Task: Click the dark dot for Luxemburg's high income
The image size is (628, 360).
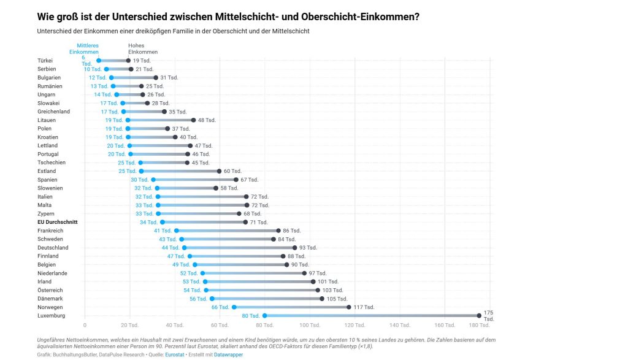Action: click(479, 315)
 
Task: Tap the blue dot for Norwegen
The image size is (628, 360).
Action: click(234, 307)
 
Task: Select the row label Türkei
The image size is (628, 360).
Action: click(45, 61)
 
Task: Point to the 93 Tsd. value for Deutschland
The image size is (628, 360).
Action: click(308, 248)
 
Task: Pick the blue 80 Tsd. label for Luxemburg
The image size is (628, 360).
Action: click(250, 316)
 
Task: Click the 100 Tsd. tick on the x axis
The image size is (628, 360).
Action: click(310, 324)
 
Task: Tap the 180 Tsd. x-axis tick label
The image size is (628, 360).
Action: click(489, 324)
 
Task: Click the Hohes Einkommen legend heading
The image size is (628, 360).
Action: click(143, 48)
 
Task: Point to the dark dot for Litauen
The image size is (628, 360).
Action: click(193, 120)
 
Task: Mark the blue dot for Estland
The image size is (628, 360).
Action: click(141, 171)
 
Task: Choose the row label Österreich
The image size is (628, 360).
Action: click(50, 290)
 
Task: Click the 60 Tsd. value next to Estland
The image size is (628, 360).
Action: click(232, 171)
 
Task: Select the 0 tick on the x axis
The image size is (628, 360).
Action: click(85, 324)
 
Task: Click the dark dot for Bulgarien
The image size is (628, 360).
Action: click(155, 78)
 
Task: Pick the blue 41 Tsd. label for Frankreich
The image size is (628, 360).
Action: click(163, 231)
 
